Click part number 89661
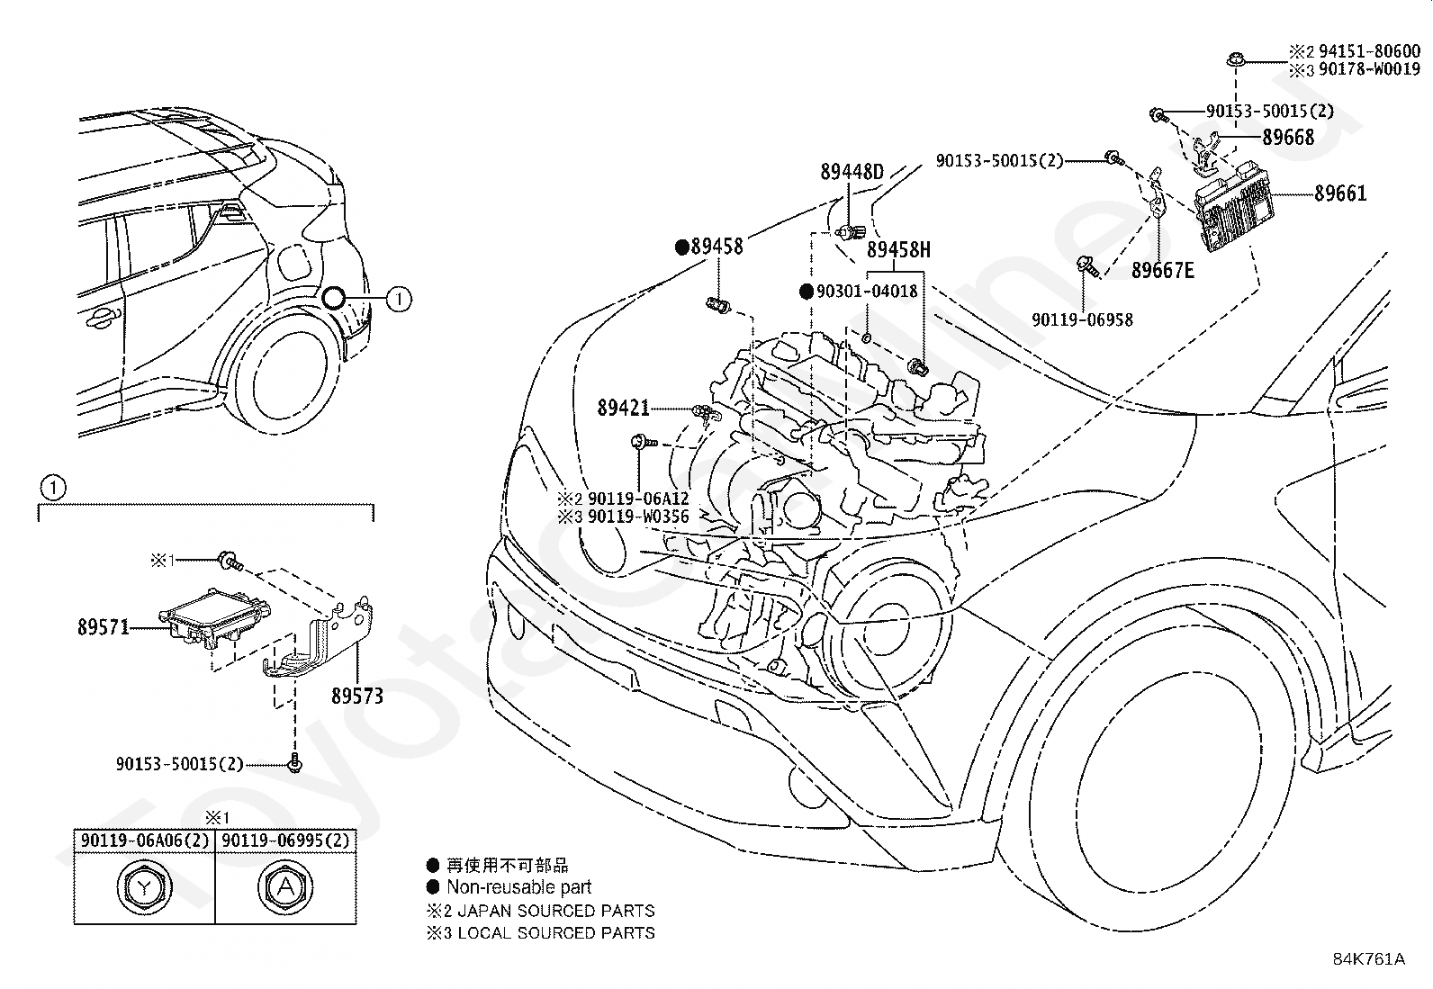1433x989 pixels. [x=1340, y=193]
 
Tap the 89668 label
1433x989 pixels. [x=1288, y=137]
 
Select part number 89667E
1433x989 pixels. [x=1162, y=271]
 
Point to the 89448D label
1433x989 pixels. [x=852, y=172]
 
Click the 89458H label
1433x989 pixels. [x=899, y=249]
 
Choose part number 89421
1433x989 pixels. [x=623, y=408]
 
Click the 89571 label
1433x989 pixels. [x=104, y=627]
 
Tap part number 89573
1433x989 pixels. [x=357, y=696]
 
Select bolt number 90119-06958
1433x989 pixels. [x=1083, y=319]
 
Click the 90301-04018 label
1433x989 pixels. [x=867, y=291]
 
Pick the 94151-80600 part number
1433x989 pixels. [x=1370, y=52]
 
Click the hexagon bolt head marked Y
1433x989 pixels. [x=145, y=887]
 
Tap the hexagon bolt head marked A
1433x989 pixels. [x=285, y=887]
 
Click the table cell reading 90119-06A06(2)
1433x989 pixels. [x=145, y=841]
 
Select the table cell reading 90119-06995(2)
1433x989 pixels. [x=285, y=841]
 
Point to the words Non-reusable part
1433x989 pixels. [x=518, y=887]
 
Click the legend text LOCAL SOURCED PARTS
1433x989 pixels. [x=556, y=932]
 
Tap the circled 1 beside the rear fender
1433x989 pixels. [x=399, y=299]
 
